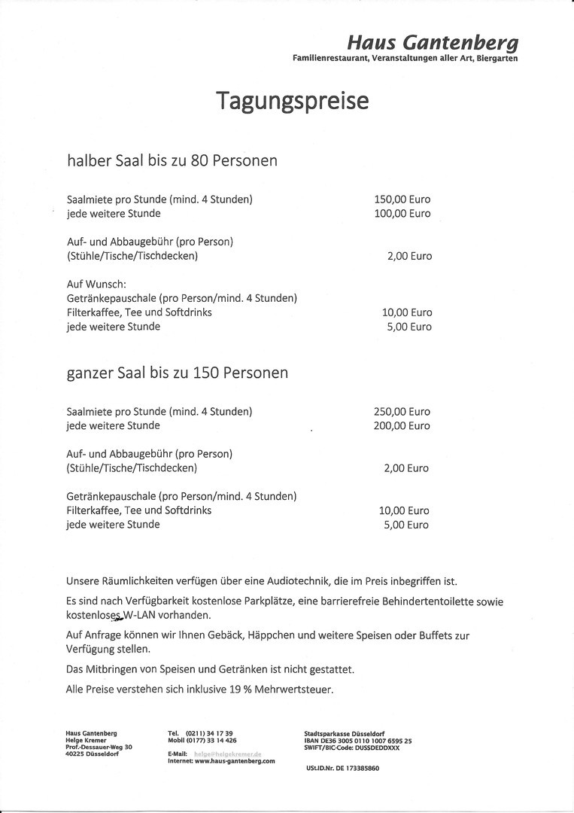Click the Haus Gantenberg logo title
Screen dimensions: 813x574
[x=433, y=42]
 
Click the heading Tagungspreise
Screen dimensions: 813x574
[x=293, y=100]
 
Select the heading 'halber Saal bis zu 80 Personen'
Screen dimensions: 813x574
[x=172, y=160]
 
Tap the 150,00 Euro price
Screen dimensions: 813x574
[x=402, y=199]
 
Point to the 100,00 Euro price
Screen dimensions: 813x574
[x=402, y=214]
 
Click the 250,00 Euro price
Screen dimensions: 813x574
[x=402, y=412]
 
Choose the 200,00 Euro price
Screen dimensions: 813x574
[x=402, y=426]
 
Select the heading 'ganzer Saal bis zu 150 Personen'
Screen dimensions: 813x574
[x=177, y=373]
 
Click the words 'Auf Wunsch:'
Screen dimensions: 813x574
[x=96, y=284]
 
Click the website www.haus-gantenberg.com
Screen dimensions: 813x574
[x=235, y=761]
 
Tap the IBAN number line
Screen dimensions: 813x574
[x=358, y=741]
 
